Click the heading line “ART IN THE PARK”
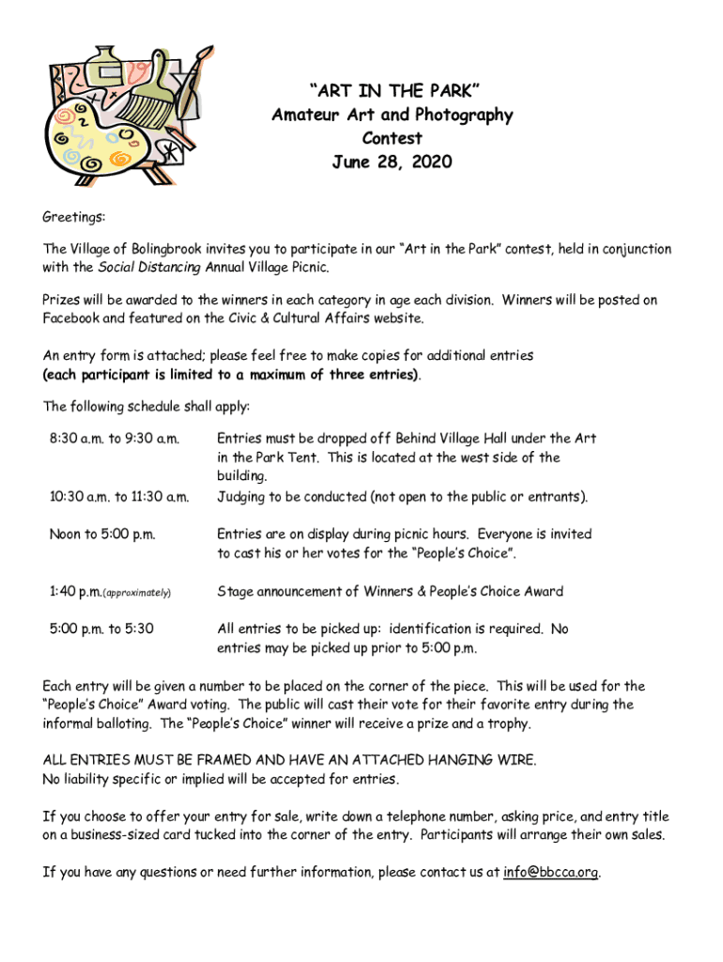point(392,91)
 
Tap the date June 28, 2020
point(392,163)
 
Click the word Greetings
point(73,217)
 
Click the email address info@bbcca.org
point(550,872)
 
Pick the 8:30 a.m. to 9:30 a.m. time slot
point(114,439)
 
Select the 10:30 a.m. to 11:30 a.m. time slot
point(119,496)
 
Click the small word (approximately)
point(137,593)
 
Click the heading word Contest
point(392,139)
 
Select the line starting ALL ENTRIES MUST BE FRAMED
point(289,760)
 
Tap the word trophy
point(507,723)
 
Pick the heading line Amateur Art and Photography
point(392,116)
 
